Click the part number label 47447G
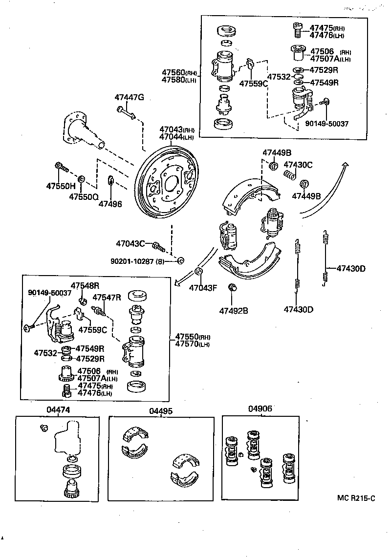(x=129, y=97)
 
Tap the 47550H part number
(x=61, y=186)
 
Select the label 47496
(x=110, y=204)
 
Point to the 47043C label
(x=130, y=243)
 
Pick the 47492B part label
(x=233, y=310)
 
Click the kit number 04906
(x=260, y=409)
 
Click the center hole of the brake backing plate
(x=172, y=184)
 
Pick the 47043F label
(x=203, y=287)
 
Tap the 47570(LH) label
(x=193, y=344)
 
